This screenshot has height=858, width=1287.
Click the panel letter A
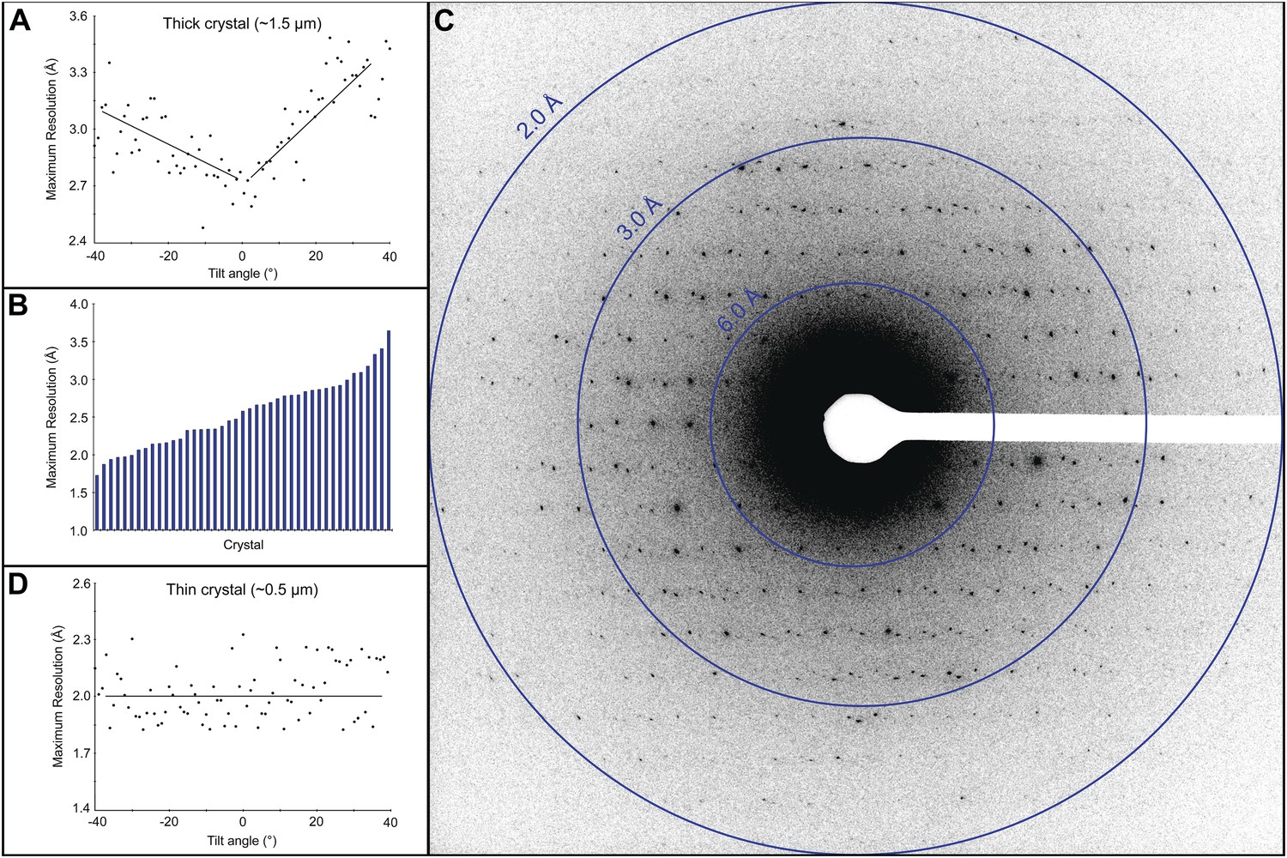[19, 21]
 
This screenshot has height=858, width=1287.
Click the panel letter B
[18, 307]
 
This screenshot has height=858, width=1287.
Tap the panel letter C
[444, 21]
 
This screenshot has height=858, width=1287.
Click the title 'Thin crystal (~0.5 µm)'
[241, 590]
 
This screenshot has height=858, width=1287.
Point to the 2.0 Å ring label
[539, 115]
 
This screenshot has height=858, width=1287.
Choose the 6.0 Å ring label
[739, 311]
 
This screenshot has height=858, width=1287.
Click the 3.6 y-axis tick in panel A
[79, 16]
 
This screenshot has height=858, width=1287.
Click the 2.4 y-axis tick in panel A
[79, 241]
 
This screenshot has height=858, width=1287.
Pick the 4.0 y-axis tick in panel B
[79, 305]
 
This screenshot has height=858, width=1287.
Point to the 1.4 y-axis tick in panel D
[79, 808]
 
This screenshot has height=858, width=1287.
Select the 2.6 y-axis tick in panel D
[79, 584]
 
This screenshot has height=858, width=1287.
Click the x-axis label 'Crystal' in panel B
[244, 545]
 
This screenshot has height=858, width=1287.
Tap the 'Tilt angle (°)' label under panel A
[243, 274]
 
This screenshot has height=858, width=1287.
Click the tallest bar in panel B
[389, 430]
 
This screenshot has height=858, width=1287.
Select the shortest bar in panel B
[97, 503]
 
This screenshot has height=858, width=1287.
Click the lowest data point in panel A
[202, 227]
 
